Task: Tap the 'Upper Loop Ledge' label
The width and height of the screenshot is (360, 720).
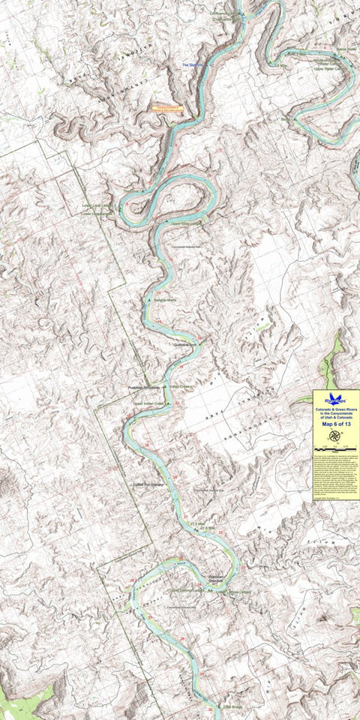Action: (x=185, y=223)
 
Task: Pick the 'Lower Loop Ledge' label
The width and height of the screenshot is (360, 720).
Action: (x=97, y=205)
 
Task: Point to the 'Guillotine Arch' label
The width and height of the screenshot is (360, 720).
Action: (x=184, y=344)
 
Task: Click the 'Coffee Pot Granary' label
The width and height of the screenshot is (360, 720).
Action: (x=148, y=485)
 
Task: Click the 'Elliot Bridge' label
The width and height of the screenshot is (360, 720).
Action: (x=232, y=706)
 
